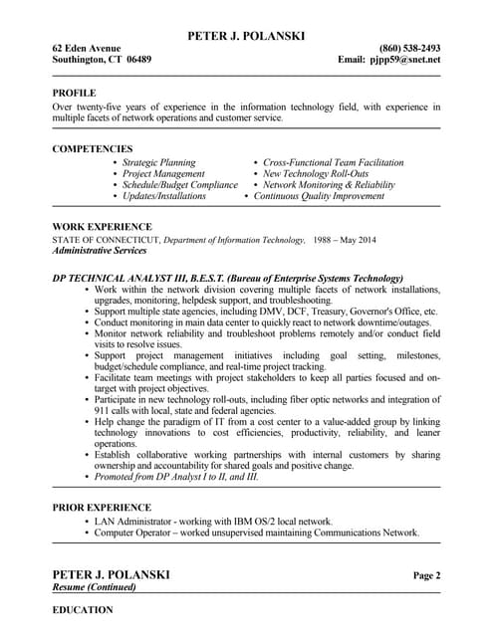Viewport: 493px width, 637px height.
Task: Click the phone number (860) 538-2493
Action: (409, 48)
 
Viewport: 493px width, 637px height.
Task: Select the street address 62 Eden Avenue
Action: (87, 48)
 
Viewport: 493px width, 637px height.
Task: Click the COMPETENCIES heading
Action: (93, 149)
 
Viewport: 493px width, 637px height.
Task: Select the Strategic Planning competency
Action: (159, 162)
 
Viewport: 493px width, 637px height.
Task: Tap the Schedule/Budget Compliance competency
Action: (180, 185)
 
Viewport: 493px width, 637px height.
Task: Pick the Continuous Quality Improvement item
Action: (319, 197)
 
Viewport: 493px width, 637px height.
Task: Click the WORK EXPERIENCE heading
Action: (102, 227)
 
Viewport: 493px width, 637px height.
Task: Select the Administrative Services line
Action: (105, 251)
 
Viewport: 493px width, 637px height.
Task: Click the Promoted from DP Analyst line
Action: (176, 477)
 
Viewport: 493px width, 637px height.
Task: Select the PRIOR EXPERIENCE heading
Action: (102, 508)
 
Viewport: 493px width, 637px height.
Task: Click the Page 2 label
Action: (426, 575)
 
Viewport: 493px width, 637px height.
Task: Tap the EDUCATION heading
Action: (83, 609)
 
